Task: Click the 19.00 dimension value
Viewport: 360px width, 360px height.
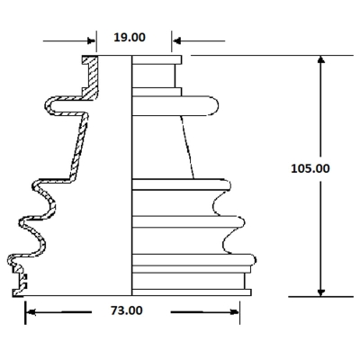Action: (x=130, y=38)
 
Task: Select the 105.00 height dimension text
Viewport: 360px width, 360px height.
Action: (x=310, y=168)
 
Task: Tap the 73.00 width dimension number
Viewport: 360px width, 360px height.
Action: (x=127, y=310)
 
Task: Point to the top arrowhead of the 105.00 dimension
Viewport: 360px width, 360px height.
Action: (x=321, y=59)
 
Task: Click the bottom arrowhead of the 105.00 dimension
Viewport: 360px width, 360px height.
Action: (x=321, y=292)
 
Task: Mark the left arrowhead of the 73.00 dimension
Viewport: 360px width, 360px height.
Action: (x=31, y=312)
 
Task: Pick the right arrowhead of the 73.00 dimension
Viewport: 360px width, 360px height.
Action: (x=235, y=312)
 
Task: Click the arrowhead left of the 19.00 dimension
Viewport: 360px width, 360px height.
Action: (x=91, y=40)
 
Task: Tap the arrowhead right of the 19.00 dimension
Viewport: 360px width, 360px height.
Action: (x=177, y=40)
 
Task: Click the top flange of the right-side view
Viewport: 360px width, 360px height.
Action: (x=157, y=59)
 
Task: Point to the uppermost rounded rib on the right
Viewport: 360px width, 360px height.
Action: (x=175, y=105)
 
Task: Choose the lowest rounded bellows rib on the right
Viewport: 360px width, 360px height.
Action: (x=194, y=260)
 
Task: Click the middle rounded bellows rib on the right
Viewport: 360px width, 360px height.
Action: (x=188, y=222)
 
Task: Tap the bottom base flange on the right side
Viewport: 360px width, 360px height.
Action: (x=192, y=292)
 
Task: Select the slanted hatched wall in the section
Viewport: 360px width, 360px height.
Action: (x=79, y=147)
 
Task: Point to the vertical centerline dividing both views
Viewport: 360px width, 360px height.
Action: (x=132, y=175)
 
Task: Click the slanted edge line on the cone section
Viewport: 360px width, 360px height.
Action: (x=187, y=147)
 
